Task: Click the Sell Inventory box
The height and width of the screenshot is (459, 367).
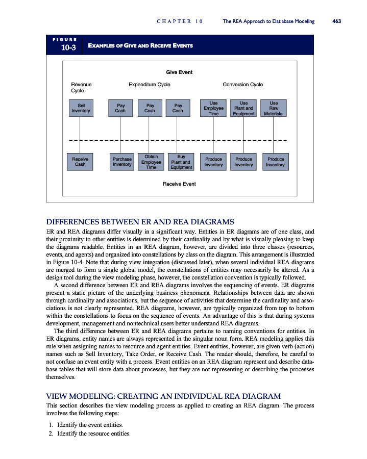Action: [x=81, y=108]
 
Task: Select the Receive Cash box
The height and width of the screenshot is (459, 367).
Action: [x=81, y=162]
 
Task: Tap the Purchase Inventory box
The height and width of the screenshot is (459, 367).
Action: [x=121, y=162]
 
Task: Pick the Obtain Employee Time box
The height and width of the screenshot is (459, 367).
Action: [x=151, y=162]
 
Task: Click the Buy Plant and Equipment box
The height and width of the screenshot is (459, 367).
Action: [x=181, y=162]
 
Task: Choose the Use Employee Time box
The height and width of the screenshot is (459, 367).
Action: [x=213, y=108]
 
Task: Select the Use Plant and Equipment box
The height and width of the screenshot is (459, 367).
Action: [x=243, y=108]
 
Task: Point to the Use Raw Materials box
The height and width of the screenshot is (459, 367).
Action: [x=274, y=108]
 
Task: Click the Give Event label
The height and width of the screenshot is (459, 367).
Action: [x=179, y=72]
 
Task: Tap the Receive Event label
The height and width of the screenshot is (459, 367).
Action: [x=179, y=184]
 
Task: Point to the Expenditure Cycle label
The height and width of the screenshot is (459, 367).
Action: [x=150, y=84]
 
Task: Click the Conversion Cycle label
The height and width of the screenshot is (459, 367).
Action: [x=243, y=84]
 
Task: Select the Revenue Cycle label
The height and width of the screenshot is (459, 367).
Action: [x=81, y=87]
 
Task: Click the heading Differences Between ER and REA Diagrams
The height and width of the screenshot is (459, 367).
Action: [x=140, y=222]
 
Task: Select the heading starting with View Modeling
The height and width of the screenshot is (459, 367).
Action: [x=163, y=396]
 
